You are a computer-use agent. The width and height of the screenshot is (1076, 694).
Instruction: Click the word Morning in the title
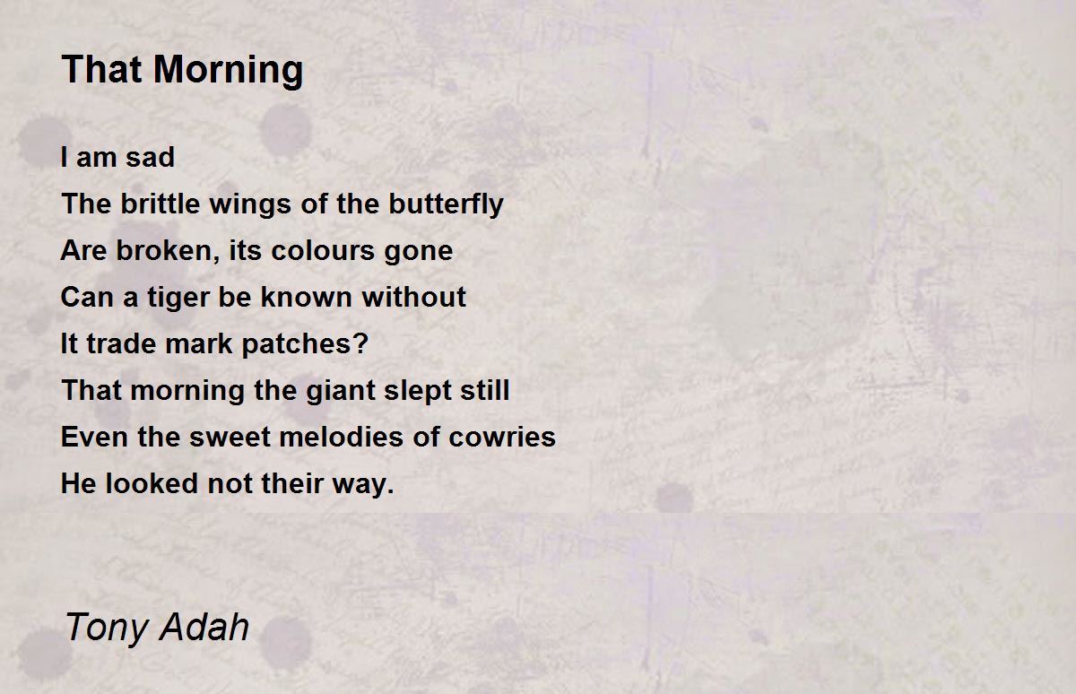point(228,71)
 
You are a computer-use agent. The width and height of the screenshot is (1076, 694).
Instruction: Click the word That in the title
point(102,69)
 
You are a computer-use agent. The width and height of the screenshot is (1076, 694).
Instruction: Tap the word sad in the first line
point(150,158)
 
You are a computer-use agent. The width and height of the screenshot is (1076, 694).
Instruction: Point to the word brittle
point(160,204)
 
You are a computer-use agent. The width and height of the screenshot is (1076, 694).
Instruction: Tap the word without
point(413,297)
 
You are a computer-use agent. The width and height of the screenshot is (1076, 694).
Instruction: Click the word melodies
point(341,437)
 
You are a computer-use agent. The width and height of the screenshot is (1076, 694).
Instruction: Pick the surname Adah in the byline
point(204,626)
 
